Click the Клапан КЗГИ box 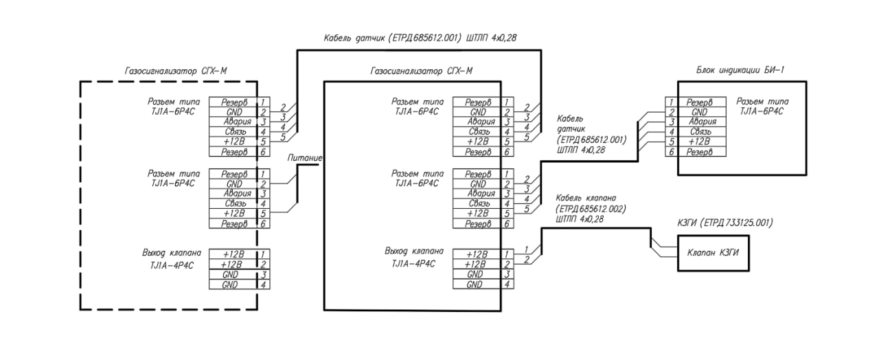pyautogui.click(x=713, y=254)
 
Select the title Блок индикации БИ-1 pyautogui.click(x=740, y=70)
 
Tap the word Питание pyautogui.click(x=305, y=158)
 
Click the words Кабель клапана pyautogui.click(x=591, y=198)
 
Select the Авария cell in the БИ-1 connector pyautogui.click(x=703, y=122)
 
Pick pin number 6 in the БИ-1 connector pyautogui.click(x=672, y=152)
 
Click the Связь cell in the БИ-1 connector pyautogui.click(x=700, y=131)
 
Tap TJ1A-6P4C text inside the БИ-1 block pyautogui.click(x=762, y=111)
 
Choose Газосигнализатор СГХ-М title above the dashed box pyautogui.click(x=176, y=71)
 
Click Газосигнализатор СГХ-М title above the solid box pyautogui.click(x=422, y=71)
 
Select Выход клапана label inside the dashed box pyautogui.click(x=172, y=253)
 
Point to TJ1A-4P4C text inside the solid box pyautogui.click(x=413, y=264)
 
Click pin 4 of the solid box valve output pyautogui.click(x=507, y=284)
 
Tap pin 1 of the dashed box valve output pyautogui.click(x=263, y=254)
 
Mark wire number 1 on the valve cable pyautogui.click(x=526, y=249)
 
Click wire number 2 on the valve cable pyautogui.click(x=527, y=259)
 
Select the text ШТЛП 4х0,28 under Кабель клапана pyautogui.click(x=580, y=219)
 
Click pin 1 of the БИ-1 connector pyautogui.click(x=672, y=102)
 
